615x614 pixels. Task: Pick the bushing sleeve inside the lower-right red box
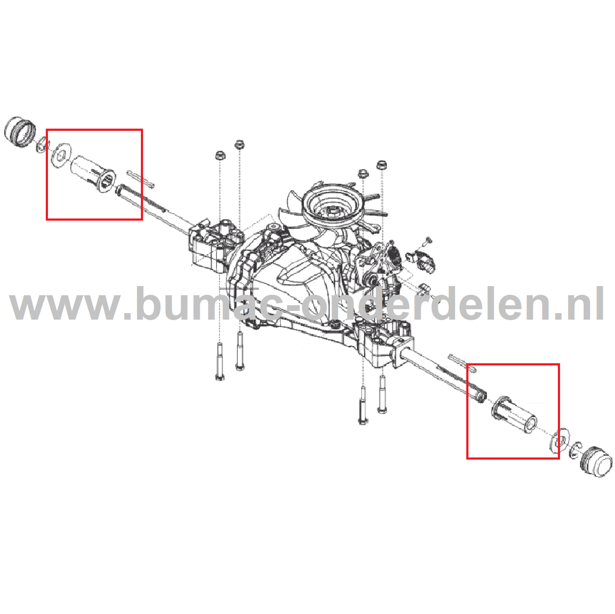[515, 414]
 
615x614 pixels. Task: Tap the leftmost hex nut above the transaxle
[219, 156]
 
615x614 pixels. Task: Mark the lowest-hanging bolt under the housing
[362, 406]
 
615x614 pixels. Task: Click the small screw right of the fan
[427, 240]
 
